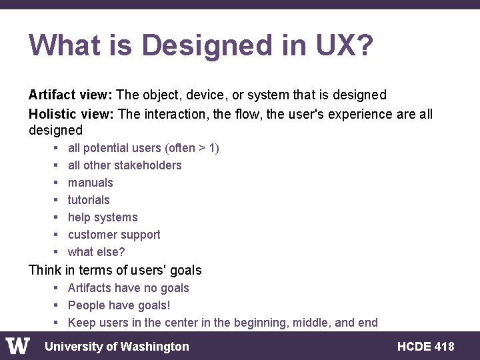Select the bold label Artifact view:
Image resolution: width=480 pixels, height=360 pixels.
click(x=71, y=95)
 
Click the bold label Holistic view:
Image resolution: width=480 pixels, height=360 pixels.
click(x=71, y=114)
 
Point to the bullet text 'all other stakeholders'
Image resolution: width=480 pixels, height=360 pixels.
click(x=125, y=165)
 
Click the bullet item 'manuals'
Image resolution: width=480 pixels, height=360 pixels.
click(x=91, y=183)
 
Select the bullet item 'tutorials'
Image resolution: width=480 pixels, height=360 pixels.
click(x=89, y=200)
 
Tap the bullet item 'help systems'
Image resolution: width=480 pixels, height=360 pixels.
click(x=103, y=217)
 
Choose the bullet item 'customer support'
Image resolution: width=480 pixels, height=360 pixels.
click(x=114, y=235)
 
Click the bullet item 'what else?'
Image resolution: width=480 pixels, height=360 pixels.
click(x=96, y=252)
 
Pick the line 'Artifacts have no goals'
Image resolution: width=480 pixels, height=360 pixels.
click(x=128, y=288)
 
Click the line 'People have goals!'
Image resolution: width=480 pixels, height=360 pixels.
click(x=119, y=305)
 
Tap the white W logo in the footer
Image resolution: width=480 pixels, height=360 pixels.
click(x=18, y=346)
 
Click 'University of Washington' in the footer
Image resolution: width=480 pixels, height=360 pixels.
click(x=117, y=347)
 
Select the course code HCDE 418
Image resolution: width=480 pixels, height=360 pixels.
click(x=425, y=347)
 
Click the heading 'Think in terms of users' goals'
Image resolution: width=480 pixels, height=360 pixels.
click(x=115, y=270)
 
